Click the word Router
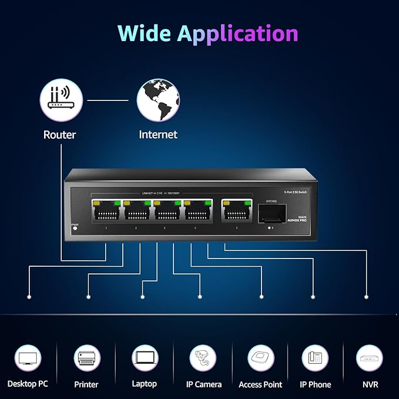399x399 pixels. tap(59, 135)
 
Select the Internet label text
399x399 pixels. tap(158, 135)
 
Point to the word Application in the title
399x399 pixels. tap(238, 34)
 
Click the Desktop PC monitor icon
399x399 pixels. tap(28, 357)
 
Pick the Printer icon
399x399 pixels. tap(86, 357)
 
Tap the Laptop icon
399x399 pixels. tap(144, 357)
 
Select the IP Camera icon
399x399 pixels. tap(203, 357)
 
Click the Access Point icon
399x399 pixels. tap(260, 357)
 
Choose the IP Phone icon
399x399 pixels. tap(315, 357)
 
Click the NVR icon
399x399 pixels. tap(370, 357)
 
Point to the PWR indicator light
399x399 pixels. tap(75, 227)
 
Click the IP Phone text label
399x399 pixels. tap(316, 384)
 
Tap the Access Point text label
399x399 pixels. tap(260, 384)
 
